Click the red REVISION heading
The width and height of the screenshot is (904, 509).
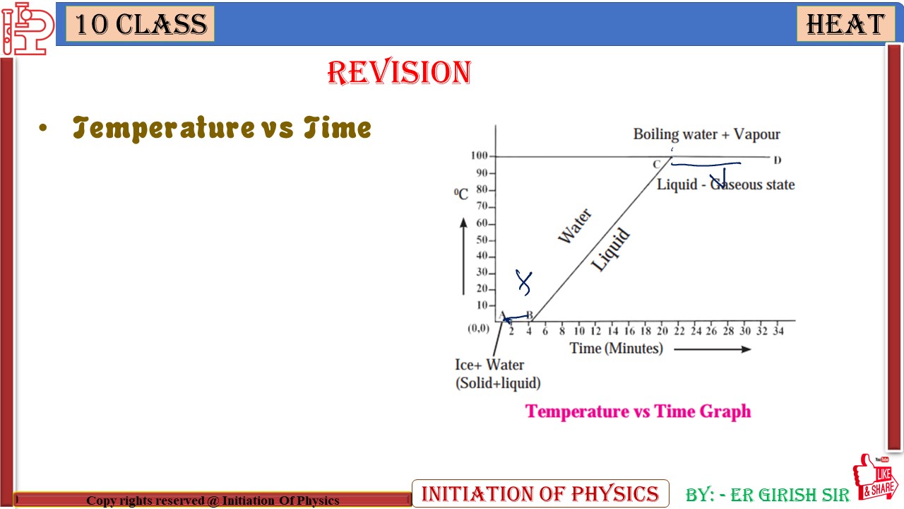click(x=399, y=73)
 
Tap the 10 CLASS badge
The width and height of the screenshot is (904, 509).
click(x=141, y=25)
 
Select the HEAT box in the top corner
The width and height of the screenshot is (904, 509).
click(x=845, y=25)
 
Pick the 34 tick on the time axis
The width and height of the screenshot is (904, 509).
click(x=778, y=331)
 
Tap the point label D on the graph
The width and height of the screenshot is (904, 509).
click(x=777, y=160)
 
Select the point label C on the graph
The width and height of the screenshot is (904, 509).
click(x=656, y=165)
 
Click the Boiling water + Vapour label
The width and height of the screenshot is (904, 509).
click(x=706, y=134)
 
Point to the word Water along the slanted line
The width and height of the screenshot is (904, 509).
click(x=575, y=226)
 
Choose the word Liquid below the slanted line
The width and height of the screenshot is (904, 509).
click(x=610, y=251)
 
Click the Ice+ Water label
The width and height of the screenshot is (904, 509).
click(x=489, y=365)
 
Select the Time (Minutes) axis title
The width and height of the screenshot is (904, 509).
click(x=616, y=349)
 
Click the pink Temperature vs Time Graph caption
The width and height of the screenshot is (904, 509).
click(x=638, y=411)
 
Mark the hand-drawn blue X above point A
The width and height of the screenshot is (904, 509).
click(x=523, y=282)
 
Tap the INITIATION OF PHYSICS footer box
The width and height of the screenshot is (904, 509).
click(x=540, y=493)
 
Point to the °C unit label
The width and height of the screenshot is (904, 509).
click(x=461, y=194)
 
